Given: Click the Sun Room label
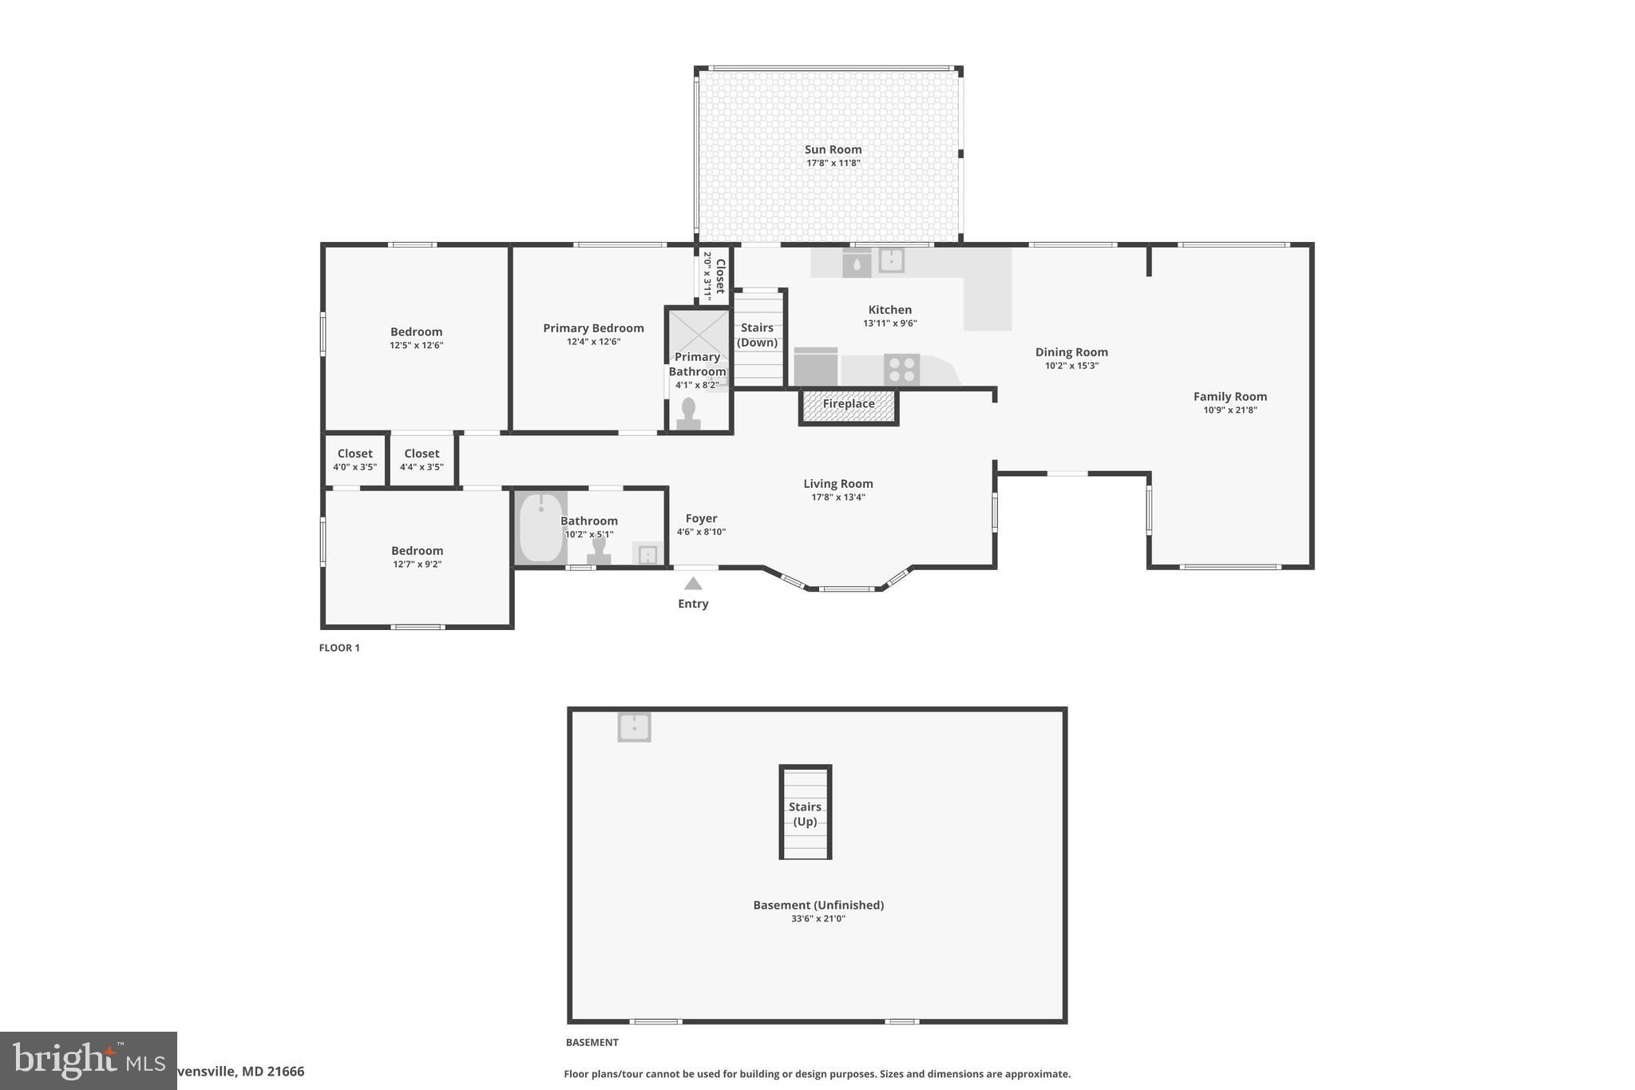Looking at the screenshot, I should (x=833, y=149).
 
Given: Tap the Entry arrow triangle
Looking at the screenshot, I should (x=693, y=584).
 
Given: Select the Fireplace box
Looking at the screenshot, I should (x=849, y=405).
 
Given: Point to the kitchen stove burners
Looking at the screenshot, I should (x=901, y=370).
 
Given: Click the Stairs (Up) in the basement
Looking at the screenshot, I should (x=805, y=813).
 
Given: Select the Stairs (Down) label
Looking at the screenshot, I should (x=757, y=335).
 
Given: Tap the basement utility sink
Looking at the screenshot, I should (x=634, y=727).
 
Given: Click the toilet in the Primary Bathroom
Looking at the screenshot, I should (x=688, y=414).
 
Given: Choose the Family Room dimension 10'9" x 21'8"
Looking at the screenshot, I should (x=1229, y=410).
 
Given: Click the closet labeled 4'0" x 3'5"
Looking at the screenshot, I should (x=355, y=459).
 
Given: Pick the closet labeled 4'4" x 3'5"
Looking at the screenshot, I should (x=422, y=459).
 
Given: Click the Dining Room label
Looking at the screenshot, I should (x=1071, y=352).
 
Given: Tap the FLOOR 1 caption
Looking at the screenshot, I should (x=339, y=648).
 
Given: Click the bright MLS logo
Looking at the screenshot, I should (x=88, y=1060).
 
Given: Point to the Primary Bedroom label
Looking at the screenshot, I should (x=593, y=328).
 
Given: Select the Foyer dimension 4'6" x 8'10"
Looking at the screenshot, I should (x=701, y=532).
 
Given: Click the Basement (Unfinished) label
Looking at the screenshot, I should (x=818, y=905).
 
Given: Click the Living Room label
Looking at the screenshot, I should (x=837, y=483).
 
